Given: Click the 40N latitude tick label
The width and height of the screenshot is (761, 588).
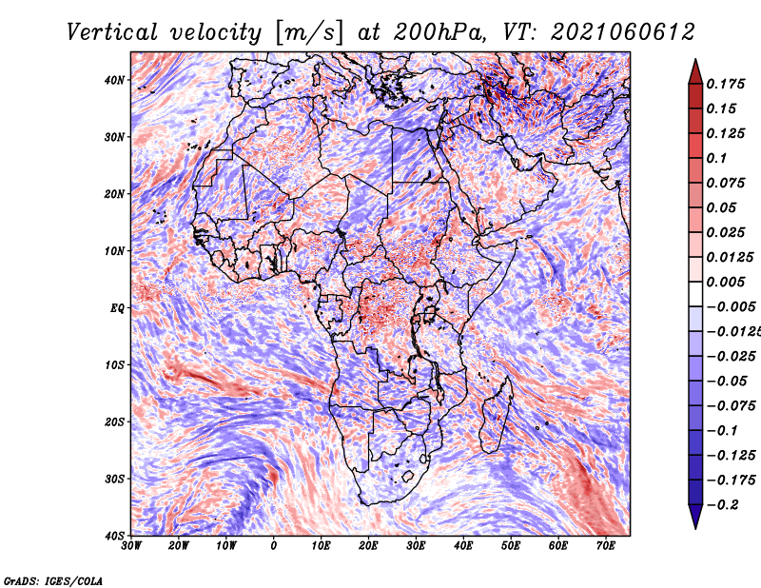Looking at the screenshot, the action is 114,80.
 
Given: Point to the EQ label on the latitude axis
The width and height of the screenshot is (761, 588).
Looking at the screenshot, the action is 117,308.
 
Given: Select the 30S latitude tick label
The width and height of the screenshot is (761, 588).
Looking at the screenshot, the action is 114,479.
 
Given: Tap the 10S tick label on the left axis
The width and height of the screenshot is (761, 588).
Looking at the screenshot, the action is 114,364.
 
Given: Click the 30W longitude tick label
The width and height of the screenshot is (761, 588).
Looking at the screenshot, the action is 131,546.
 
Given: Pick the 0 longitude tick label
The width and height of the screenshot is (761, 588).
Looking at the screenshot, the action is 274,546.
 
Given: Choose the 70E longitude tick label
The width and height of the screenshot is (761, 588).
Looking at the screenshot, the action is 606,546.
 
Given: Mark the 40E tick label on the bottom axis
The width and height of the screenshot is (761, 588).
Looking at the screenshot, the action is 463,546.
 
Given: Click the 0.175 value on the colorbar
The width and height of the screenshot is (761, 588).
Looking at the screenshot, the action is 725,84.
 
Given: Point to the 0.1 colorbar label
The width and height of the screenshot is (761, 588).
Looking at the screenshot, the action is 716,158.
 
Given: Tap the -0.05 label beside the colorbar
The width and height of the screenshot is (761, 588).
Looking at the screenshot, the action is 725,382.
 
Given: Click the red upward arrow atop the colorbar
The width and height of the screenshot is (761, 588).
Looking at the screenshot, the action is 695,72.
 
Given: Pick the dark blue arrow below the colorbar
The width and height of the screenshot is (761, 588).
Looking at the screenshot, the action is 695,516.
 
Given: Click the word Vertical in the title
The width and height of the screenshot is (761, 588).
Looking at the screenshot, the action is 112,32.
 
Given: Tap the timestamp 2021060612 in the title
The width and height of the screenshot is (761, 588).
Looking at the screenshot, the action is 623,32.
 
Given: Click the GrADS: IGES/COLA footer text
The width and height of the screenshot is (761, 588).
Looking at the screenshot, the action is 53,580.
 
